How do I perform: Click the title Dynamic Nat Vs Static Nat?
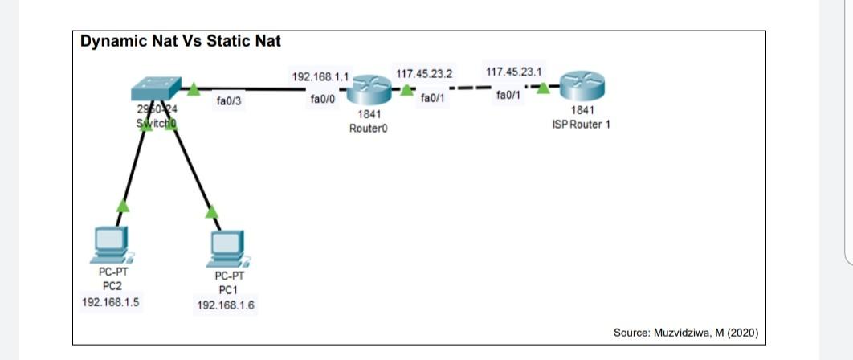point(180,41)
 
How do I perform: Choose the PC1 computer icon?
point(227,250)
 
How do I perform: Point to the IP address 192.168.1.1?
point(320,77)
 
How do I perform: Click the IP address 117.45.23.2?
point(424,74)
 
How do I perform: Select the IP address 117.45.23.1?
point(513,72)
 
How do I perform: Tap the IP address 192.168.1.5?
point(111,302)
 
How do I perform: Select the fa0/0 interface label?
point(323,100)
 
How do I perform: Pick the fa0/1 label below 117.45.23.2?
point(433,98)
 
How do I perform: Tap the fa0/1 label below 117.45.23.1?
point(508,96)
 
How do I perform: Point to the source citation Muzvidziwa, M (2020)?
point(685,333)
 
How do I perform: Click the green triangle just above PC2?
point(122,206)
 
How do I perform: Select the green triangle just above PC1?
point(211,211)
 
